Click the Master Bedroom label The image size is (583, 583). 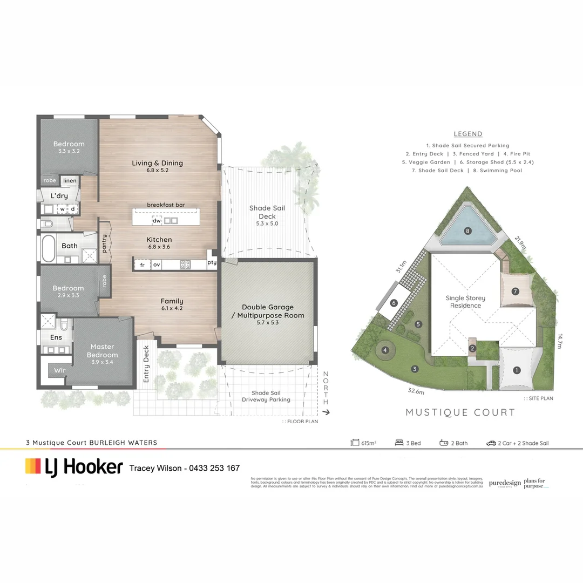103,351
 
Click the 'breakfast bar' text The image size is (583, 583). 166,205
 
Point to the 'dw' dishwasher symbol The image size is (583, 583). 157,221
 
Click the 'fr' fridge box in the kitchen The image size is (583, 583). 142,265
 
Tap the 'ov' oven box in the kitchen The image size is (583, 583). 157,265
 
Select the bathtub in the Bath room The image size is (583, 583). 49,248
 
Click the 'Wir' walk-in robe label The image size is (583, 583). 59,370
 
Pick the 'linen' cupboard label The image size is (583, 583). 70,180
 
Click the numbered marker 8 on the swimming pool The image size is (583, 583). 468,232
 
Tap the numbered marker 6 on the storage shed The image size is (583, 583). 394,303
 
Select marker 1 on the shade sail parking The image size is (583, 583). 517,370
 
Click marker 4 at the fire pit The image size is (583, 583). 385,350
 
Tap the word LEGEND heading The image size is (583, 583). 468,134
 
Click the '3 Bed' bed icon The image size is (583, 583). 400,443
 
